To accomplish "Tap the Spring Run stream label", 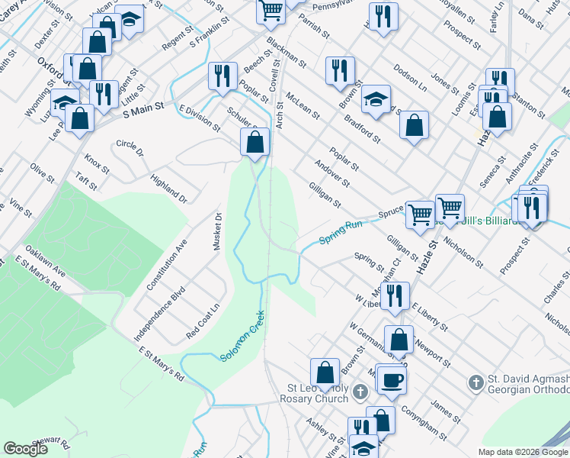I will pos(339,231).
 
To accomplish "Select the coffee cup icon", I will pos(392,379).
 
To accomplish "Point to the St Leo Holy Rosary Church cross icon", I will pos(361,392).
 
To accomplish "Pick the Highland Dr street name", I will pos(168,188).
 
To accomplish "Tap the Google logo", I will pos(25,449).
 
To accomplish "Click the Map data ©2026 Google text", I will pos(523,452).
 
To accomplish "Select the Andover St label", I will pos(333,173).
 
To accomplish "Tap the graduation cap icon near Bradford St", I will pos(376,98).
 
